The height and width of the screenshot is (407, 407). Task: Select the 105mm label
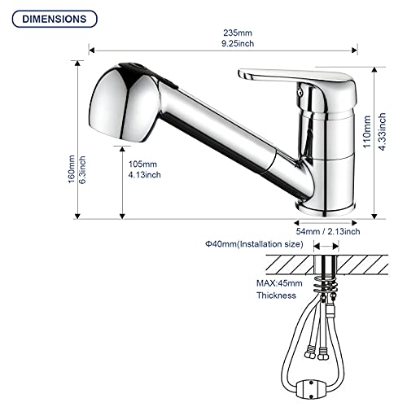[144, 164]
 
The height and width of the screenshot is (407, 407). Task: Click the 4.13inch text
[146, 174]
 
